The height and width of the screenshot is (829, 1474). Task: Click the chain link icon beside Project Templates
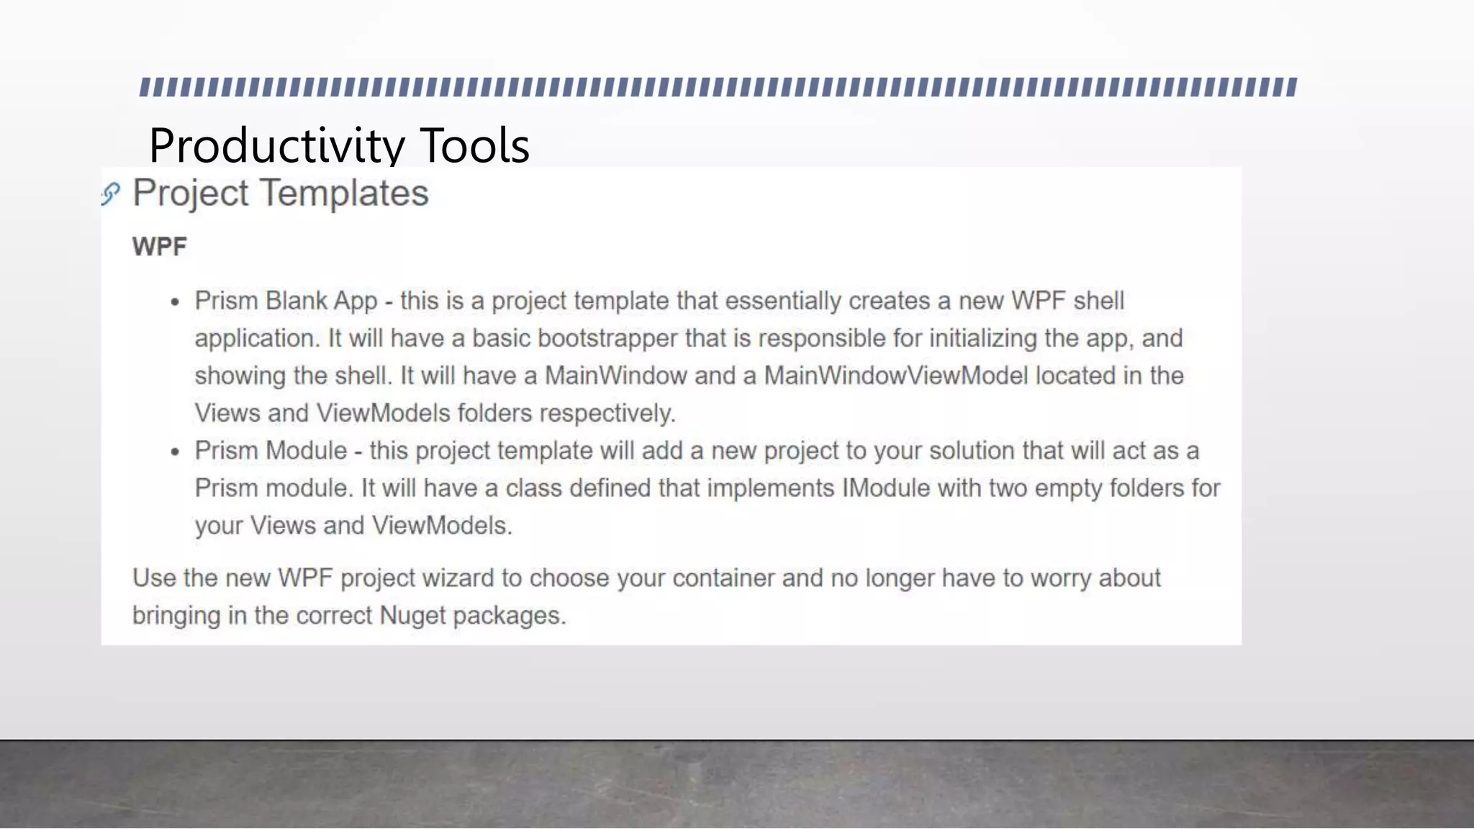tap(111, 194)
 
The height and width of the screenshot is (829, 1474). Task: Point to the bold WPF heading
tap(160, 247)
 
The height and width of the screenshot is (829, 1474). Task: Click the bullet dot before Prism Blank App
tap(175, 303)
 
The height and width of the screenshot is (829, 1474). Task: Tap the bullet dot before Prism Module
tap(175, 453)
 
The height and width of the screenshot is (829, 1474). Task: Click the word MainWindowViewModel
tap(895, 376)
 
